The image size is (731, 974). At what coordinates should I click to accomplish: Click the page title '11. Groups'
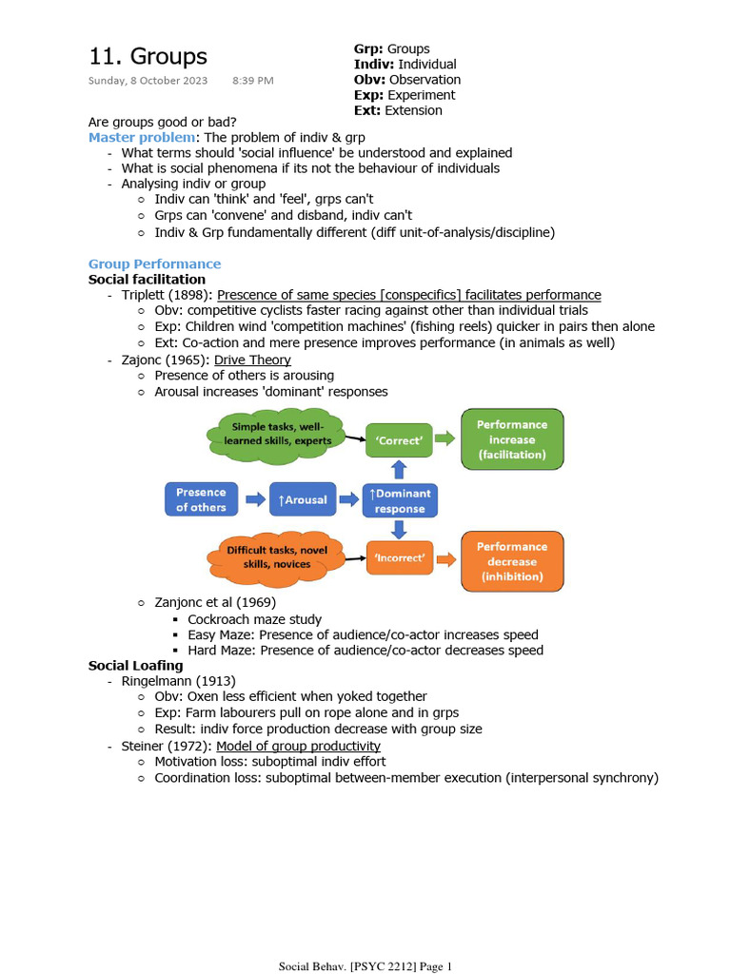coord(148,56)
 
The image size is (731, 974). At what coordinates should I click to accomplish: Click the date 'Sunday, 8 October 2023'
coord(148,81)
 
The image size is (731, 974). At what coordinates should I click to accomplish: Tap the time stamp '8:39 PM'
coord(252,81)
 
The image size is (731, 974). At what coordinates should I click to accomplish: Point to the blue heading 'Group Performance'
coord(154,263)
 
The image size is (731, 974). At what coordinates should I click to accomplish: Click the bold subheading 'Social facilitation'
coord(147,279)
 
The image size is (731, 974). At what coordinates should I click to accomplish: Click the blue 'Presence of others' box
coord(201,499)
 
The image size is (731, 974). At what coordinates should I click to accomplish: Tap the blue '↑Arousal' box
coord(302,499)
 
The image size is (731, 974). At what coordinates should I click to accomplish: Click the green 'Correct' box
coord(399,440)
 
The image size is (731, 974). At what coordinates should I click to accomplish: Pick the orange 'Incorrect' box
coord(399,557)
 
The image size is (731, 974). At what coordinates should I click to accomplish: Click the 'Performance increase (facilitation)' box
coord(512,439)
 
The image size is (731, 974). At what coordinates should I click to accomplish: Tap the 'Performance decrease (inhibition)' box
coord(512,561)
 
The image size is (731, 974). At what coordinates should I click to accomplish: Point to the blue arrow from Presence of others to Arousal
coord(254,499)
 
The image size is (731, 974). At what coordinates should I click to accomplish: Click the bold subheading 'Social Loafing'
coord(135,666)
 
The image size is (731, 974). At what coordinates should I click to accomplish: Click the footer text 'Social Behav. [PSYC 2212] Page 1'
coord(365,966)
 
